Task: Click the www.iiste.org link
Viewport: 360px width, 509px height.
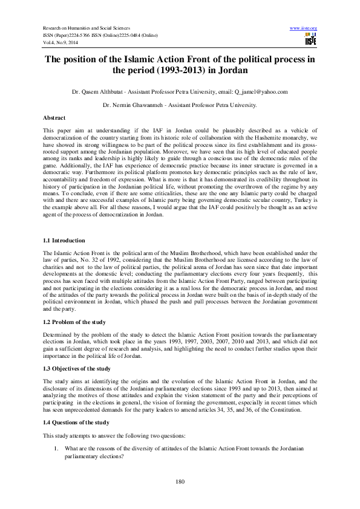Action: pos(304,28)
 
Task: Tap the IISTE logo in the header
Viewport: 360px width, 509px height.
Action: pos(311,40)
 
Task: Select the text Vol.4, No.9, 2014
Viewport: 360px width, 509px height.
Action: pos(61,43)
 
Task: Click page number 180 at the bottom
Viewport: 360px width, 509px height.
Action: pos(180,481)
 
